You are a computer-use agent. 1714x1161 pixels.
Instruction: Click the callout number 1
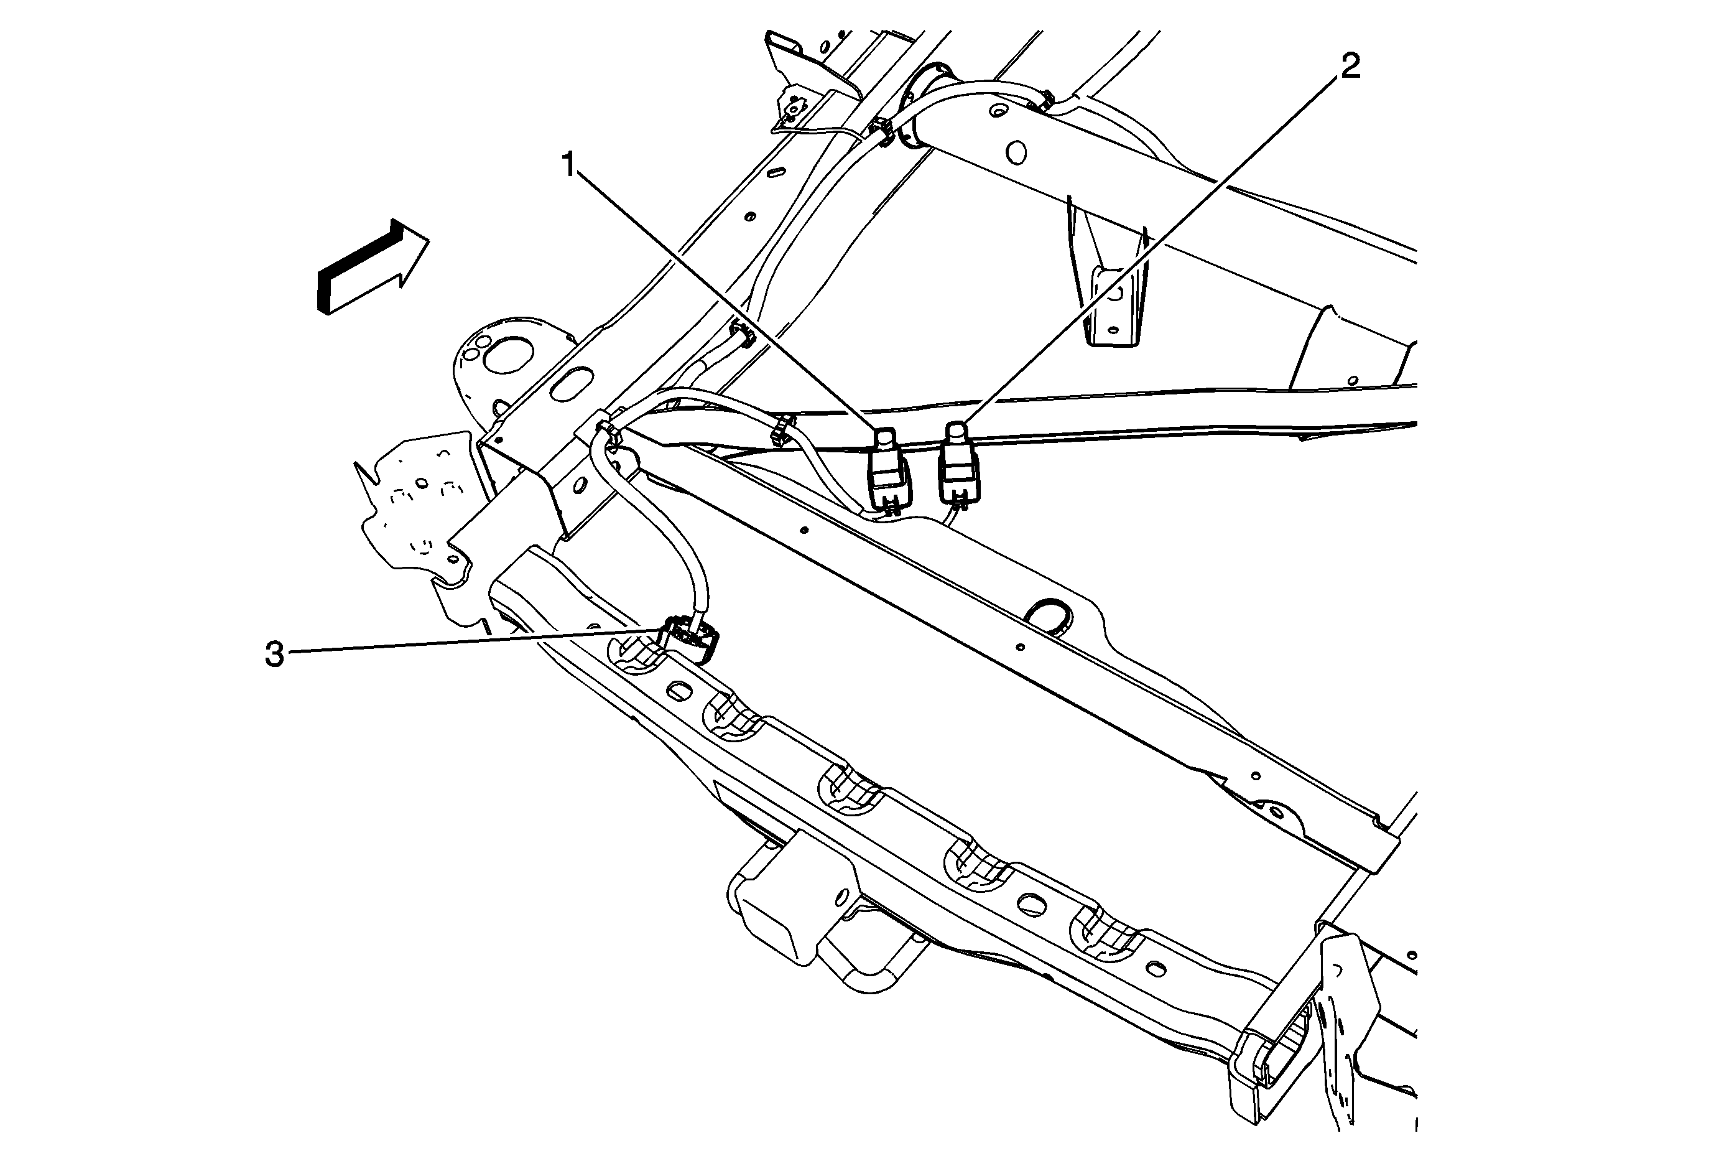tap(568, 166)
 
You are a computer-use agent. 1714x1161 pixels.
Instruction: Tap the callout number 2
tap(1349, 67)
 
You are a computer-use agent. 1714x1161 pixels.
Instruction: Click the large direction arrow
tap(373, 266)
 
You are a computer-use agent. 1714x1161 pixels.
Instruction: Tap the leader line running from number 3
tap(476, 640)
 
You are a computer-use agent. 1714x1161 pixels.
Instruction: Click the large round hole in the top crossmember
tap(1016, 152)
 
